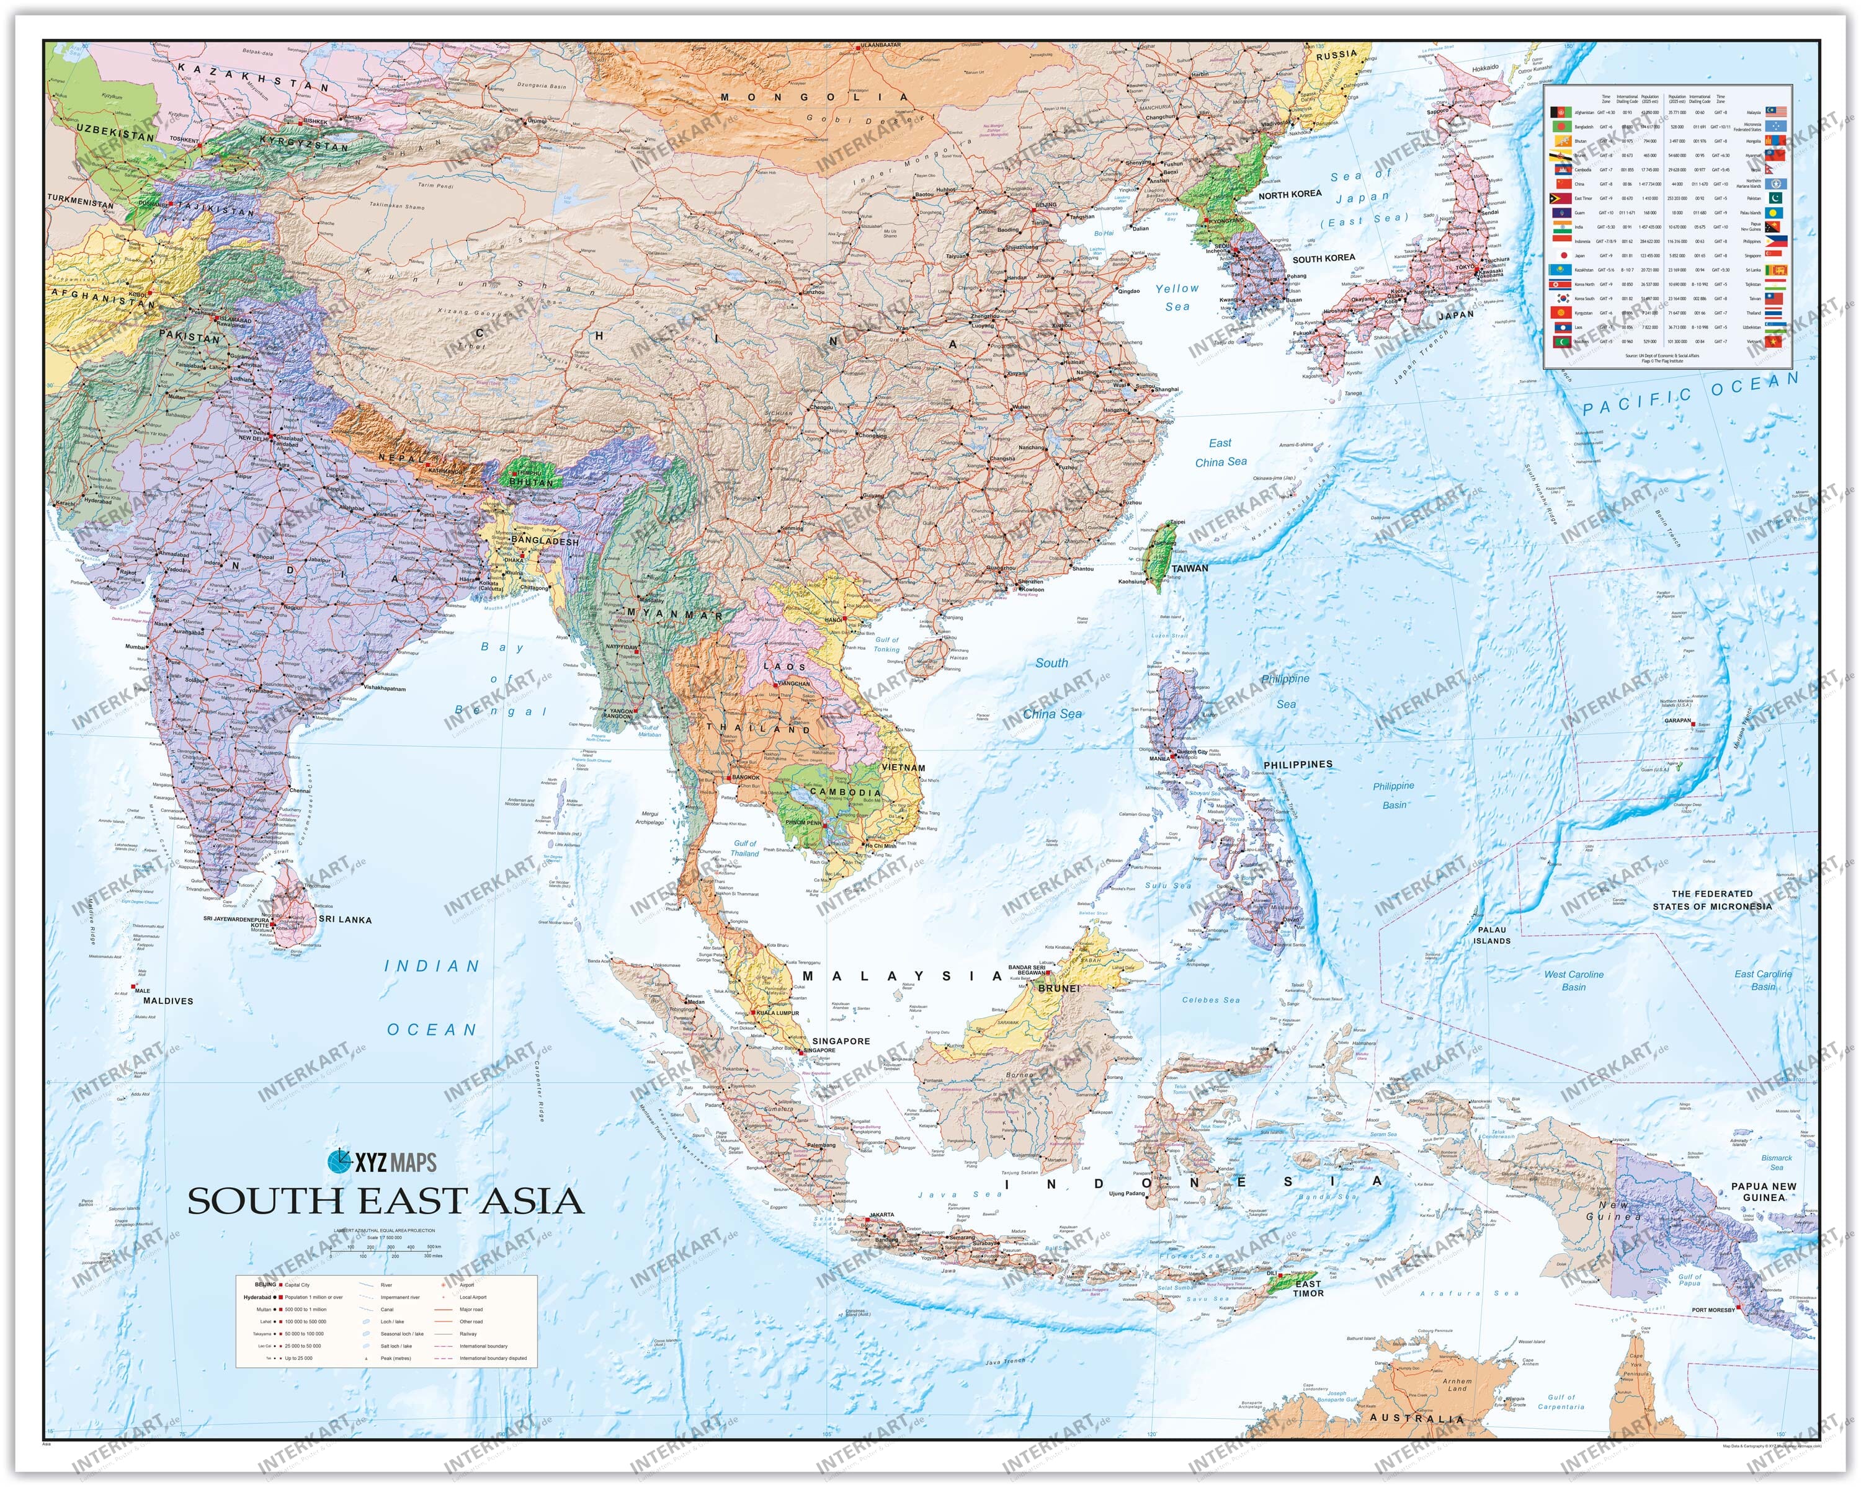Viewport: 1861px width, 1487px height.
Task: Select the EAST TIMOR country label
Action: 1308,1289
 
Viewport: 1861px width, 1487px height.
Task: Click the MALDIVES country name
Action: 168,1001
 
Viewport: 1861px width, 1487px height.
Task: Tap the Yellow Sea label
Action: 1177,298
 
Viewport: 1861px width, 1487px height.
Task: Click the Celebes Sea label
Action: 1210,1000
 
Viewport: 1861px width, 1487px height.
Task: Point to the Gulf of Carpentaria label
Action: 1561,1401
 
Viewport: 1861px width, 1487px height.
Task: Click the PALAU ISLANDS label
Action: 1491,936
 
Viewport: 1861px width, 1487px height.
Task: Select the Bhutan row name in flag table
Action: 1581,141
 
